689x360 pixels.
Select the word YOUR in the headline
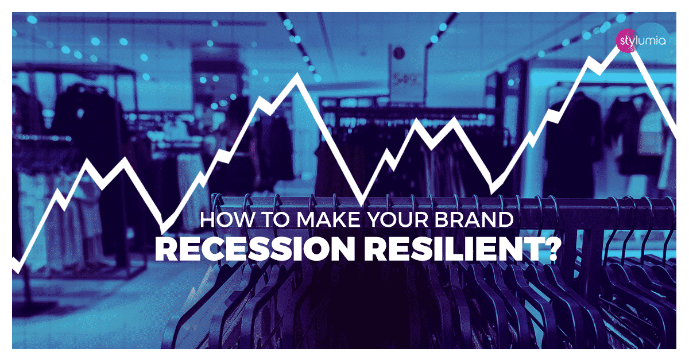[x=401, y=220]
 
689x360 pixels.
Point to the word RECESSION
[x=253, y=251]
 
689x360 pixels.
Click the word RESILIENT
[x=454, y=251]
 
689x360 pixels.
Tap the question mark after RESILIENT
[x=550, y=251]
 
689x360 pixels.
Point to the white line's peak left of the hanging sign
[x=297, y=76]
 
